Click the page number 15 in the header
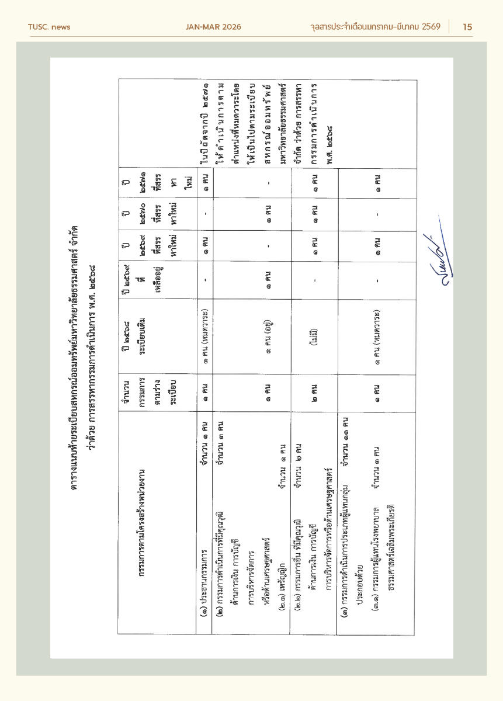[x=467, y=27]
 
